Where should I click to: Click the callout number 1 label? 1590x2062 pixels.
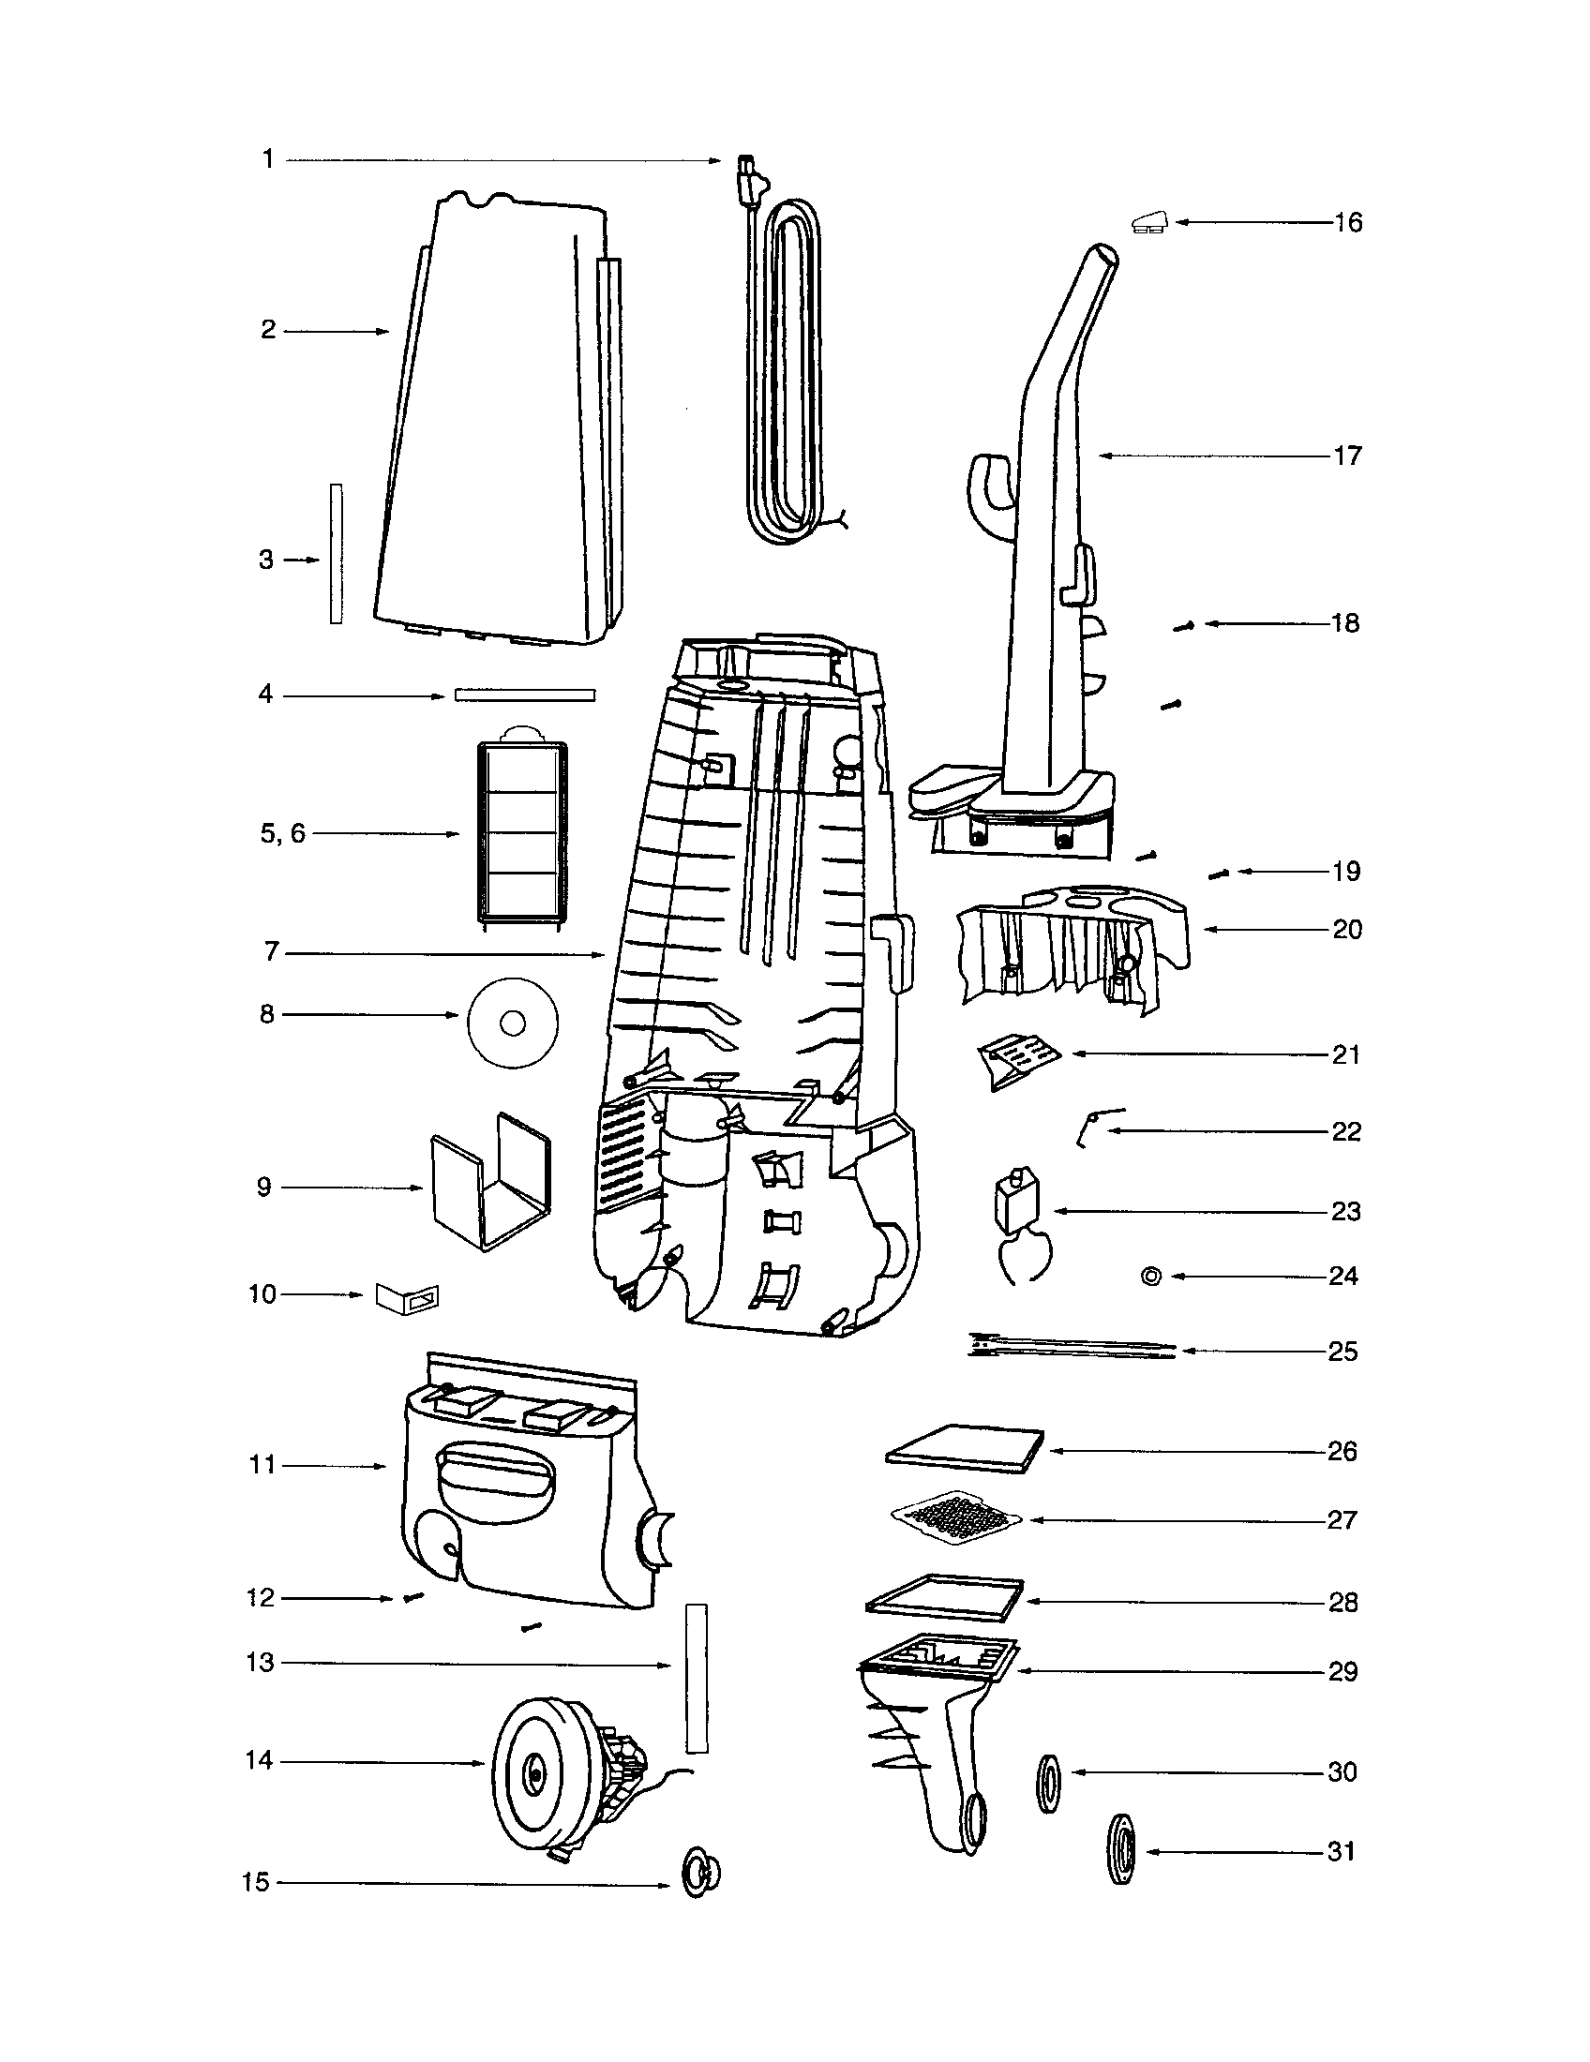268,159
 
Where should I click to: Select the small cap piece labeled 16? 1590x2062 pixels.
1149,223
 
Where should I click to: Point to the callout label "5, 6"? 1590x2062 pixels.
283,833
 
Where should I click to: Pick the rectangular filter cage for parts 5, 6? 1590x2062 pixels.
523,831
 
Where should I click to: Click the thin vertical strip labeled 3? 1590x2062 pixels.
337,554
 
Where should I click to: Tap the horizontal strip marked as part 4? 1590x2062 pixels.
525,695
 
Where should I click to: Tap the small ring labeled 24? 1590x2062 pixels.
1151,1277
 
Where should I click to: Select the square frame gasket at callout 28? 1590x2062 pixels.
944,1599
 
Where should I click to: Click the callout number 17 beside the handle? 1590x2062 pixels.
1347,456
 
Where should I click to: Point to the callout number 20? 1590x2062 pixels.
1347,930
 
